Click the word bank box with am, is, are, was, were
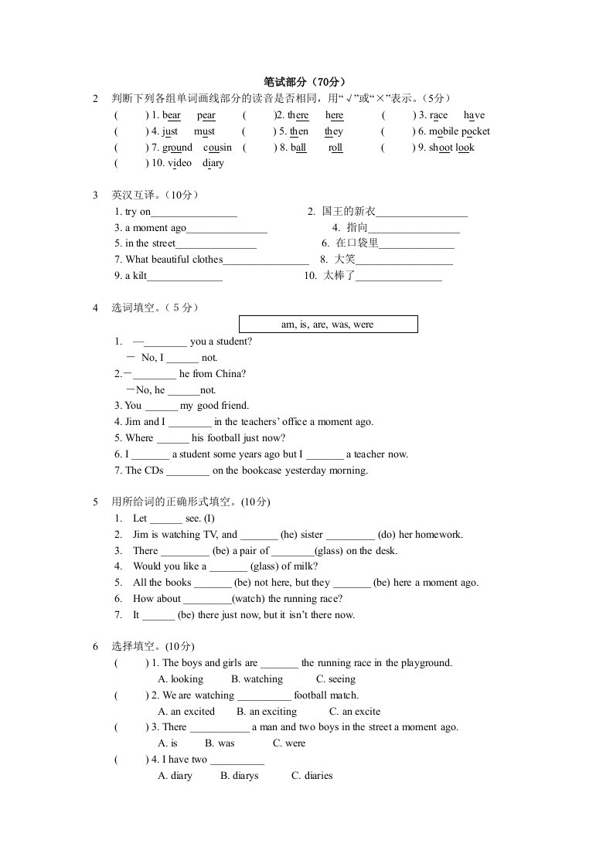(328, 325)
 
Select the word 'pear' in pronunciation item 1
(206, 115)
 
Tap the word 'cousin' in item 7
(218, 148)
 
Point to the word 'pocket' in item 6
(475, 131)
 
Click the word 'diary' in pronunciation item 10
(213, 163)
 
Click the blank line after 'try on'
(194, 212)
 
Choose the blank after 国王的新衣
(422, 212)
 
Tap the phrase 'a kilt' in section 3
(131, 276)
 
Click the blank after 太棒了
(398, 277)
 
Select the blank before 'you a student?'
(165, 342)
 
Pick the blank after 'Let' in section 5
(165, 519)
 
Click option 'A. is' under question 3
(168, 743)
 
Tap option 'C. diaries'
(312, 776)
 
